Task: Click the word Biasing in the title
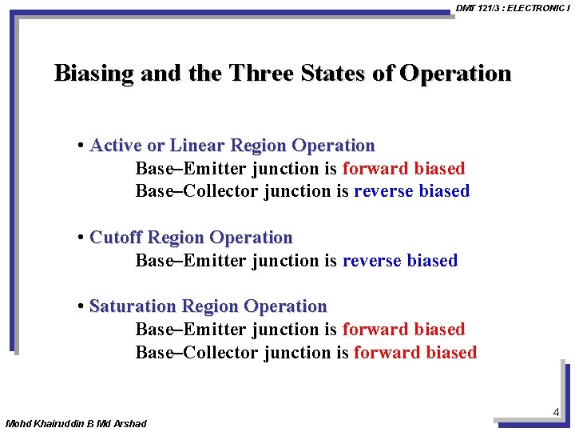point(93,74)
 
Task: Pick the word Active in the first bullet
point(116,146)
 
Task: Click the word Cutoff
point(117,238)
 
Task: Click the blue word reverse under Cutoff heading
point(371,261)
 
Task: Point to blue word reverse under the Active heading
point(383,191)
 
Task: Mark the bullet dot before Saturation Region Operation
point(81,306)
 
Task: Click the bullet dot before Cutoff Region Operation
point(81,238)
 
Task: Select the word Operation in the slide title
point(455,74)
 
